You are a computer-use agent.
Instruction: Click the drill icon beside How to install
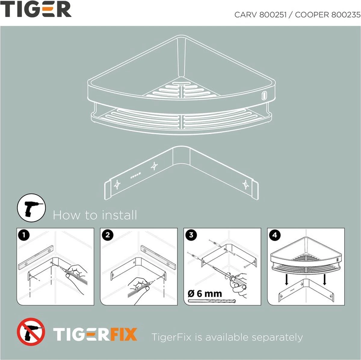click(31, 208)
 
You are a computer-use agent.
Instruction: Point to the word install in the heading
click(119, 215)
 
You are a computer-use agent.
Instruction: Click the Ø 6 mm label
click(205, 293)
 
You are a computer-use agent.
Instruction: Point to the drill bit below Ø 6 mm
click(212, 301)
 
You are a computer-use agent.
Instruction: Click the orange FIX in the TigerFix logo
click(123, 334)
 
